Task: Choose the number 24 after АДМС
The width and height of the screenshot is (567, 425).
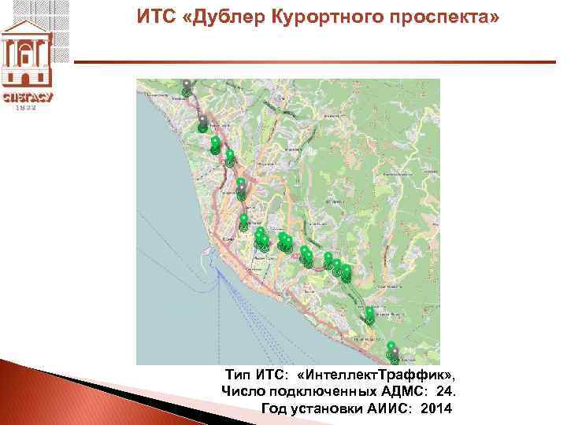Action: (445, 391)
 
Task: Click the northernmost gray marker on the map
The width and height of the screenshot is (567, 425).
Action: (186, 85)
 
